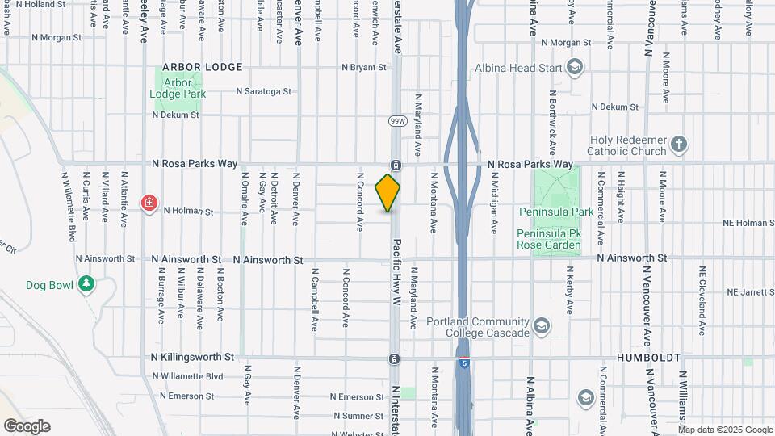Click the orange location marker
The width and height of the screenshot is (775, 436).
[x=387, y=192]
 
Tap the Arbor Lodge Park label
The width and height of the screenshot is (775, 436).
[x=178, y=88]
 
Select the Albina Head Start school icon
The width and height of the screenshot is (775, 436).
[x=575, y=67]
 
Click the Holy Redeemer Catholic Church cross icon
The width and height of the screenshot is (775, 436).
[x=679, y=145]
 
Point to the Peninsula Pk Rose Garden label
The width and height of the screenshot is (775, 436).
[x=548, y=239]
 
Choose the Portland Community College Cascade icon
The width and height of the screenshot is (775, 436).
[x=542, y=326]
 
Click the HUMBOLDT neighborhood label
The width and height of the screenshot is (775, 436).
[x=648, y=357]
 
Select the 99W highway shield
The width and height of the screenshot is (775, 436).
[x=397, y=121]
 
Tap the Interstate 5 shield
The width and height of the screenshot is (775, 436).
[x=464, y=363]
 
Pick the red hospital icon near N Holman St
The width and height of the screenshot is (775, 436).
[x=149, y=202]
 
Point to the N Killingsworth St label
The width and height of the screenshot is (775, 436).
[x=192, y=356]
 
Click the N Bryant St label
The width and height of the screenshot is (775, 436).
[x=364, y=68]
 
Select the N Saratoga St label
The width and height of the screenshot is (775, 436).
[x=263, y=91]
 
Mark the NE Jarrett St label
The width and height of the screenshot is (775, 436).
[x=750, y=291]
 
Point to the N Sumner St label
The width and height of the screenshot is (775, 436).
[x=360, y=416]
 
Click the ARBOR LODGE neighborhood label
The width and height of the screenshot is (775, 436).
[x=196, y=67]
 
